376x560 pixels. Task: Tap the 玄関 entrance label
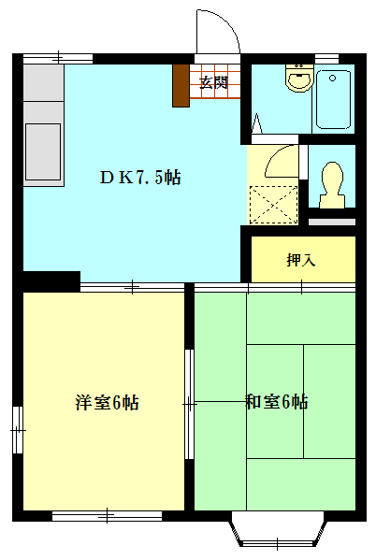pyautogui.click(x=214, y=82)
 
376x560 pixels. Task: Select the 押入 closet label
pyautogui.click(x=301, y=259)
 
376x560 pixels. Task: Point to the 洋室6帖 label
pyautogui.click(x=108, y=403)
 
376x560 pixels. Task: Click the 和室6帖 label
pyautogui.click(x=277, y=403)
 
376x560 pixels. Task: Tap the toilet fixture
pyautogui.click(x=332, y=182)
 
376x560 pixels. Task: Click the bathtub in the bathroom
pyautogui.click(x=334, y=97)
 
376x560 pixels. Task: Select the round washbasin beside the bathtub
pyautogui.click(x=299, y=79)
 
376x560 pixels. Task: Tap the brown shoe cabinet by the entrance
pyautogui.click(x=181, y=85)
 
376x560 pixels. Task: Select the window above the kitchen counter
pyautogui.click(x=58, y=58)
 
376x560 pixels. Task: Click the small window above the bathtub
pyautogui.click(x=326, y=58)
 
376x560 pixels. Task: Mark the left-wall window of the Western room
pyautogui.click(x=17, y=428)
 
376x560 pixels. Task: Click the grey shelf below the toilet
pyautogui.click(x=332, y=221)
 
